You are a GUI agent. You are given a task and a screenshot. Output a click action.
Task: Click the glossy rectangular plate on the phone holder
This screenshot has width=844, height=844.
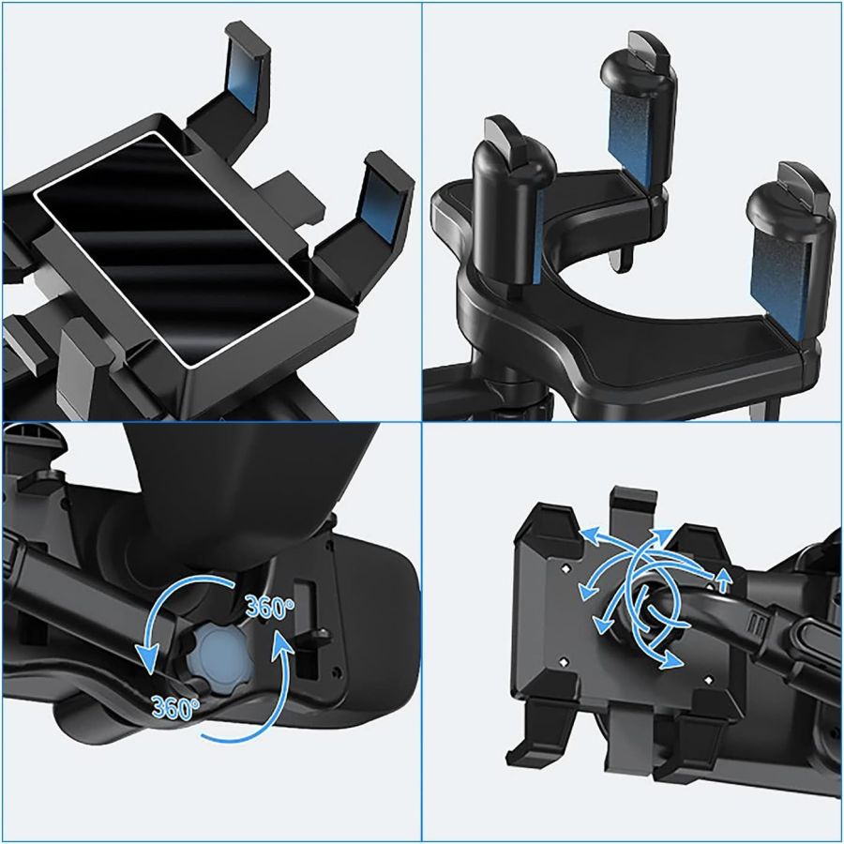point(173,249)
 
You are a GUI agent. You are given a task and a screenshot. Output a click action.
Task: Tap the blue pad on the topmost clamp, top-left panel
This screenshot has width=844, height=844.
point(243,89)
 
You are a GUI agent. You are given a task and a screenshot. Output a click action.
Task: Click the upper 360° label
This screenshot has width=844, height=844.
point(270,607)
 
